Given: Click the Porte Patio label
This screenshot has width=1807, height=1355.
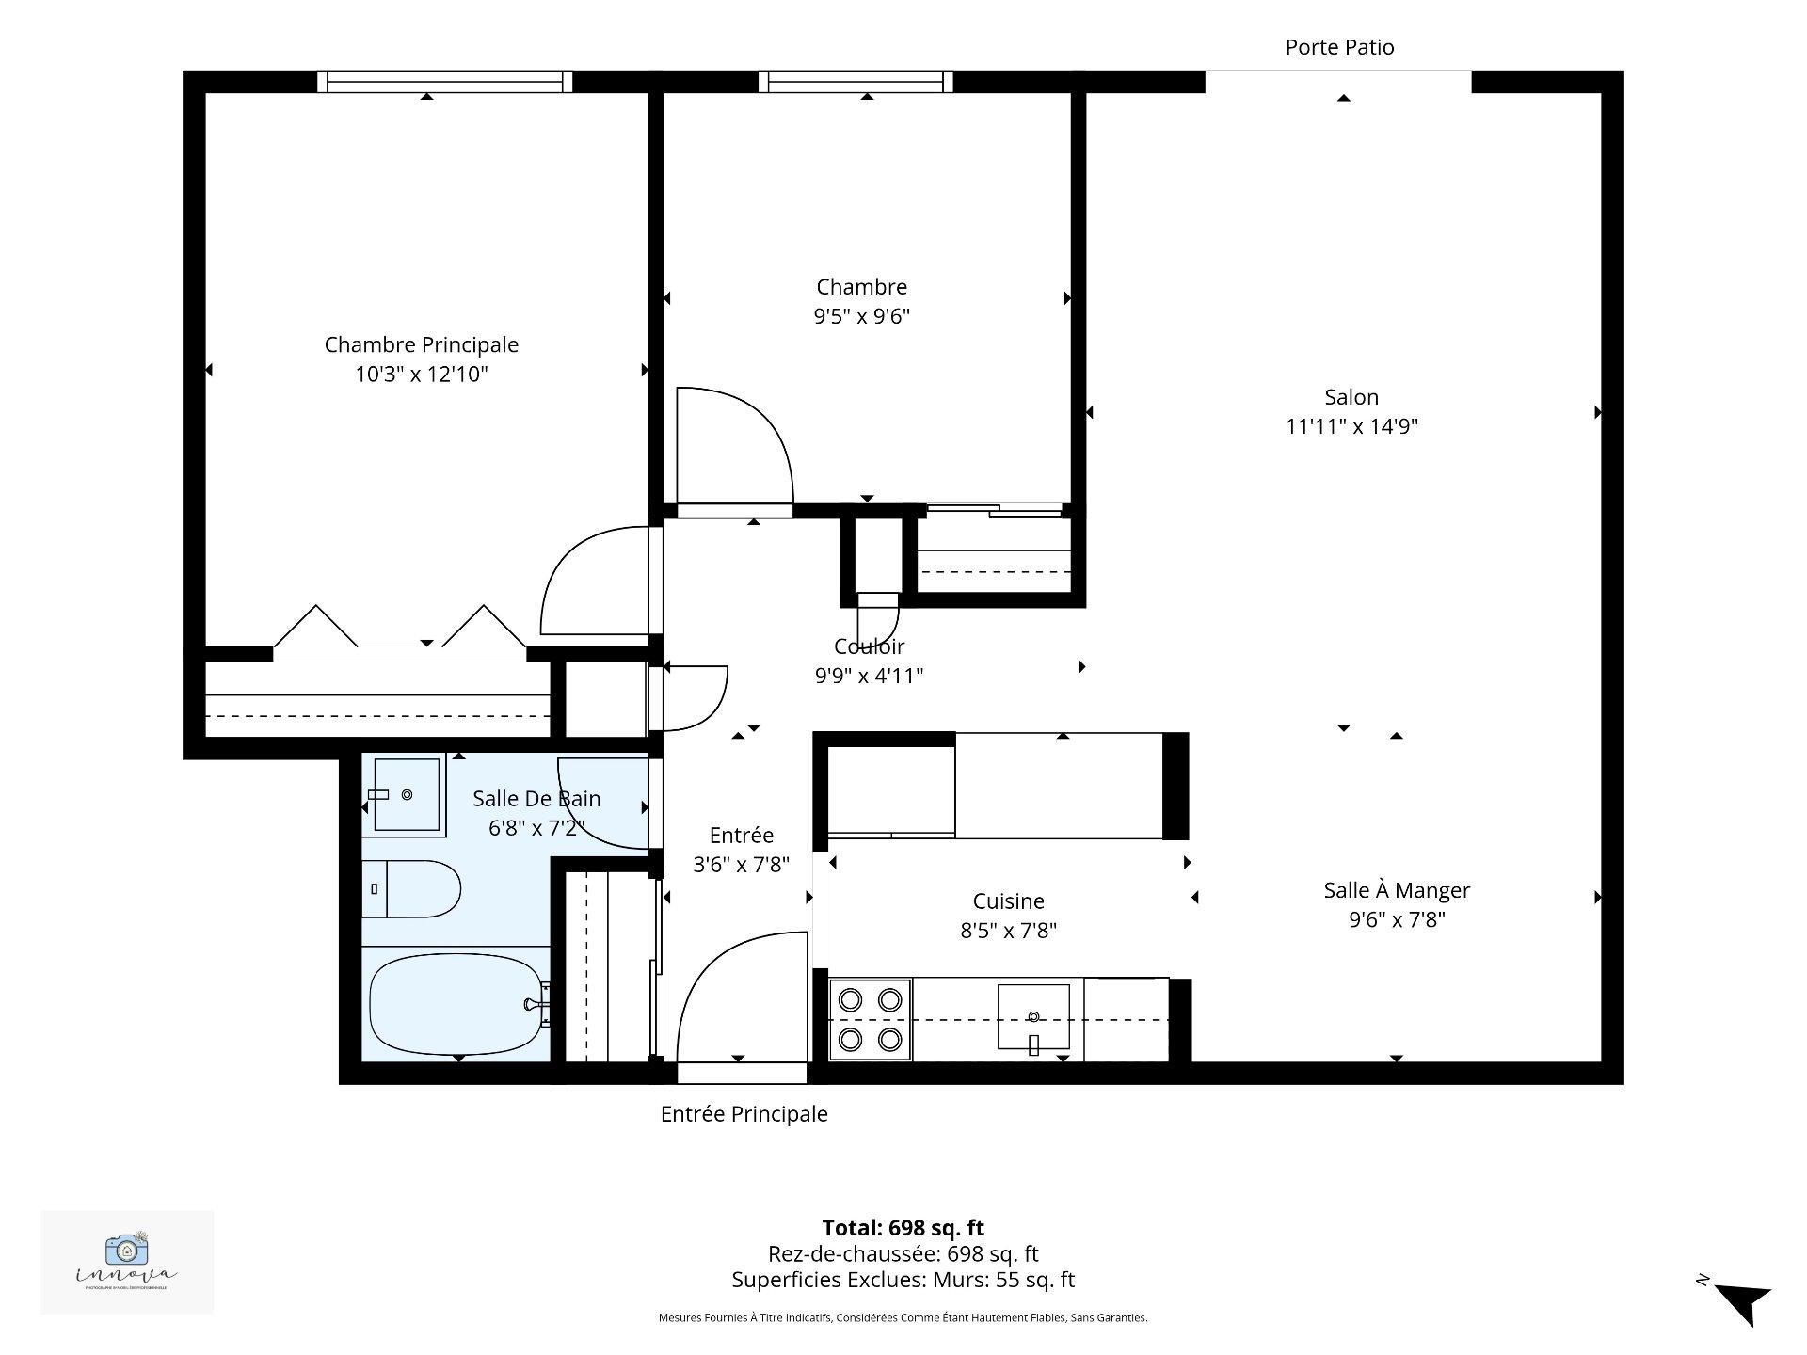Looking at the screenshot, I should click(x=1339, y=47).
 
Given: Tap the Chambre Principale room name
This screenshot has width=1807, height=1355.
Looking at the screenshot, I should click(x=421, y=344).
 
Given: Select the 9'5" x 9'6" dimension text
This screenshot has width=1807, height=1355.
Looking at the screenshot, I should click(x=861, y=316).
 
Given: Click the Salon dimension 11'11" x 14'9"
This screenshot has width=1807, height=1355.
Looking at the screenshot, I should click(x=1351, y=426).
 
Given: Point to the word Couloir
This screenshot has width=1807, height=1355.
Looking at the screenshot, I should click(x=869, y=646).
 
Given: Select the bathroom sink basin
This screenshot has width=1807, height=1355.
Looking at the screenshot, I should click(x=407, y=795).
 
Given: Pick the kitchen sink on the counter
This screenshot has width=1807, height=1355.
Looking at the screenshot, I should click(x=1033, y=1017).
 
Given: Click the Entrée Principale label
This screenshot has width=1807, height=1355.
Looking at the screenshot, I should click(x=744, y=1114).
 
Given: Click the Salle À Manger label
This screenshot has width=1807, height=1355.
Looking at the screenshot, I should click(x=1396, y=890).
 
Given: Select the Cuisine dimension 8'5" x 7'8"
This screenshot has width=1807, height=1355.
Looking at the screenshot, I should click(x=1008, y=931).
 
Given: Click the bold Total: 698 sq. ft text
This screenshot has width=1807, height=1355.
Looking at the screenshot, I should click(x=903, y=1228).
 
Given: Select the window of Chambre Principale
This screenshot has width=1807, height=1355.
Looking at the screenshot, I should click(x=444, y=82).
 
